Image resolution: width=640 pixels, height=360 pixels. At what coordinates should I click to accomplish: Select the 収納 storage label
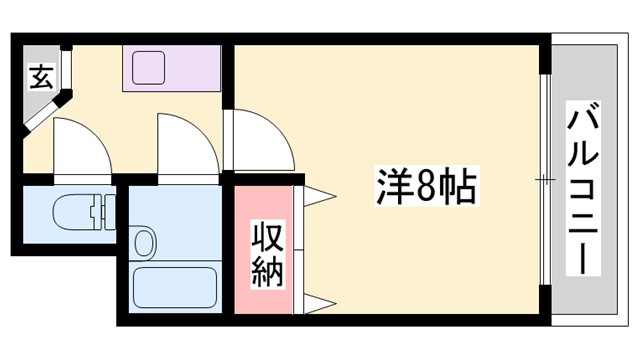coord(267,255)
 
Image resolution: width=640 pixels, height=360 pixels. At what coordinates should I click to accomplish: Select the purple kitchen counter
coord(171,68)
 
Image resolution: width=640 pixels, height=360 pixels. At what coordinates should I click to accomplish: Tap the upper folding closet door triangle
coord(312,194)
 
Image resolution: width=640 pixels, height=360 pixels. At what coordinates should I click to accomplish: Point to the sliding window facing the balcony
coord(545,180)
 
